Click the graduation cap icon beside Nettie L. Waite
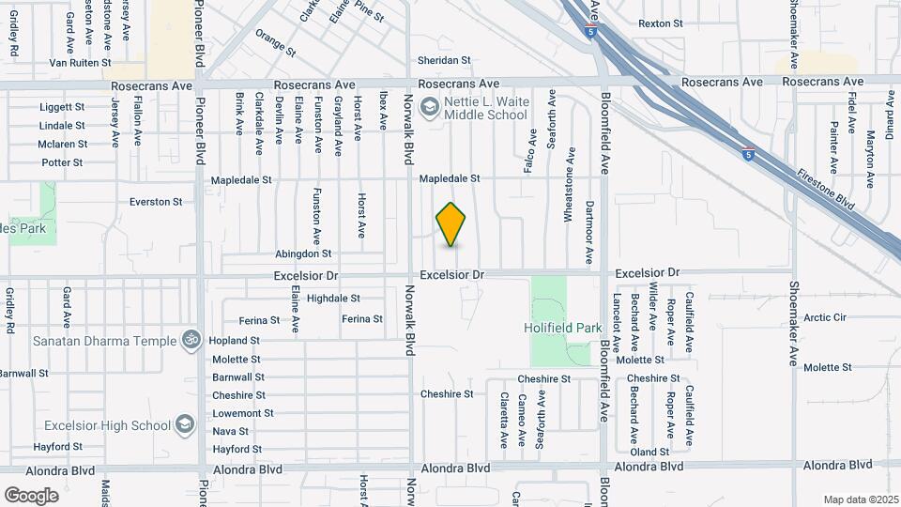click(x=430, y=107)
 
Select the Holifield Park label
click(x=562, y=328)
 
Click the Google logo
click(x=31, y=495)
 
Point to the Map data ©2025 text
click(x=860, y=499)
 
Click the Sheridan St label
click(x=444, y=61)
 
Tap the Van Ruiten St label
click(x=81, y=63)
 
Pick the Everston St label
click(x=156, y=202)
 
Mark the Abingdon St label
click(x=303, y=253)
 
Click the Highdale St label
click(x=333, y=299)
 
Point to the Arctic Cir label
click(x=825, y=318)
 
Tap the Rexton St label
click(x=661, y=23)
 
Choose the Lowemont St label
click(x=243, y=413)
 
